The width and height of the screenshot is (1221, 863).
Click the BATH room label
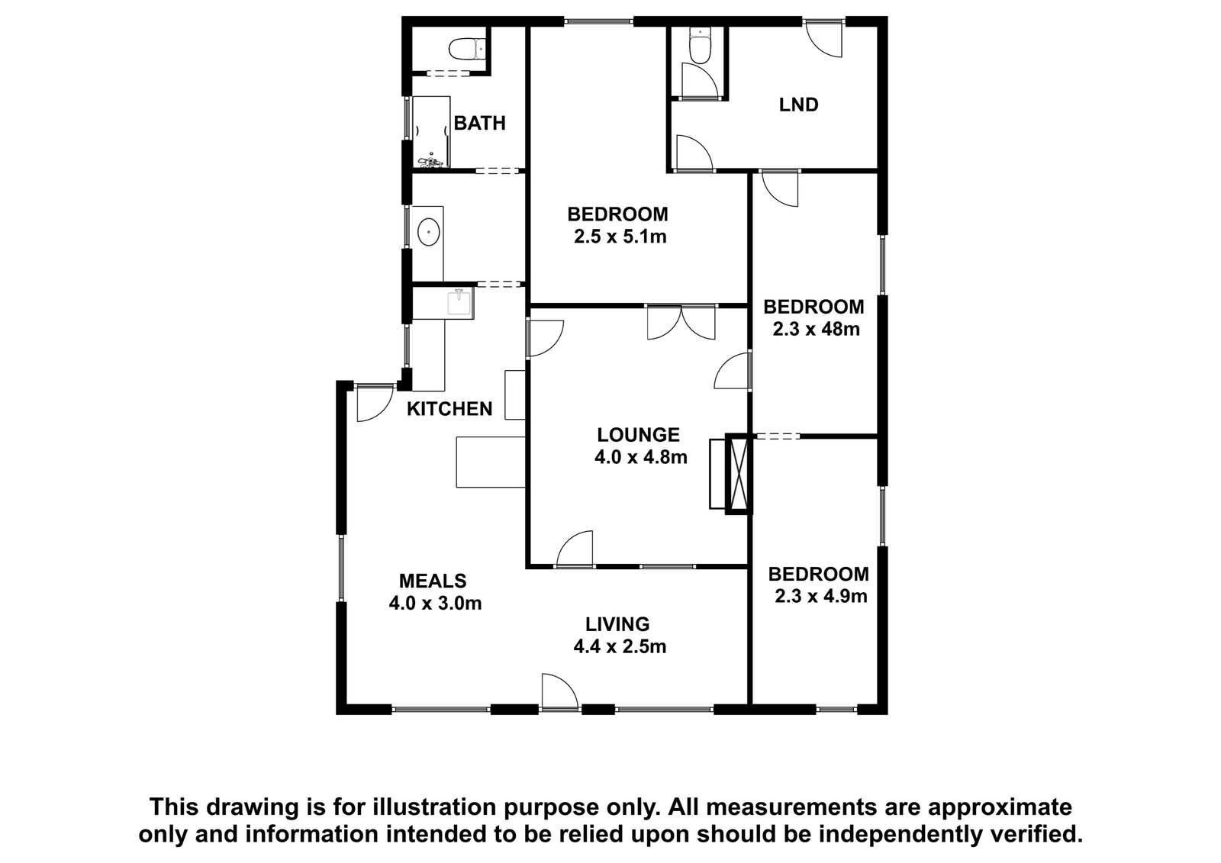[x=480, y=123]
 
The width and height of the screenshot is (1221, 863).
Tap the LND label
[x=798, y=105]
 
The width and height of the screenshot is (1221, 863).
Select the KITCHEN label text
[x=449, y=409]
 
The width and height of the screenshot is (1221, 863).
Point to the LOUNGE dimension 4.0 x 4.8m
[x=640, y=457]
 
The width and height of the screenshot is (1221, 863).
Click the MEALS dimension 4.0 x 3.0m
[x=435, y=604]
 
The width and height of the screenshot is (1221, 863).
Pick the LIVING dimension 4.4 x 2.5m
[x=620, y=646]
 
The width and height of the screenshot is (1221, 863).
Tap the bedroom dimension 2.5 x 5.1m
[x=620, y=237]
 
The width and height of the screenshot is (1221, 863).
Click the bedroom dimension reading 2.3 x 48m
[x=816, y=330]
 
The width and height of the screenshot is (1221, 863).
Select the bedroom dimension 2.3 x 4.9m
[x=821, y=596]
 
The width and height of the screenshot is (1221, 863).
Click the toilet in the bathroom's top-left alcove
[x=467, y=49]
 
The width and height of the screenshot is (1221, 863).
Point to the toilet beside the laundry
[x=699, y=46]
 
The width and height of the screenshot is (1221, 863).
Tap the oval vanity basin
[x=429, y=233]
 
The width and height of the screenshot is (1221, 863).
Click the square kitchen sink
[x=459, y=303]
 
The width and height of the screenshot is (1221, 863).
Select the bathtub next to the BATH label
[x=431, y=132]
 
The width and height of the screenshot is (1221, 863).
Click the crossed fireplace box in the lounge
[x=739, y=474]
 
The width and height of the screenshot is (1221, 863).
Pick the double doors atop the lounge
[x=681, y=322]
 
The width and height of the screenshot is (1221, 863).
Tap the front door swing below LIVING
[x=560, y=691]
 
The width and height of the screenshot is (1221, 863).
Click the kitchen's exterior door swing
[x=375, y=404]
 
